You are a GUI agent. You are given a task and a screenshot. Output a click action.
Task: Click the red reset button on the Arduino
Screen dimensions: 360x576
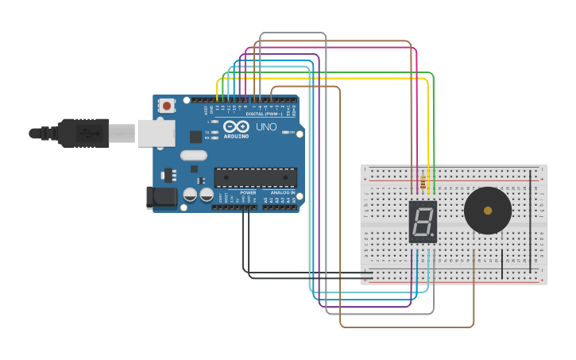click(x=167, y=105)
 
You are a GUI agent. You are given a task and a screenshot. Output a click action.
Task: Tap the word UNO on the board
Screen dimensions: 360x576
click(x=266, y=127)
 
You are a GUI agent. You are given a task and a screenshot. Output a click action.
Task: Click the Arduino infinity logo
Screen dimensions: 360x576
click(x=236, y=127)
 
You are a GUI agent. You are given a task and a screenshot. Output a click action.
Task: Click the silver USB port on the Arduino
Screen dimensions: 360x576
click(x=155, y=133)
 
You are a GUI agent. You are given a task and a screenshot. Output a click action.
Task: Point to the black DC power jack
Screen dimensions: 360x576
click(x=163, y=197)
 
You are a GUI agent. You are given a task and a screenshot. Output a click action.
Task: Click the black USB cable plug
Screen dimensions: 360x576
click(x=83, y=133)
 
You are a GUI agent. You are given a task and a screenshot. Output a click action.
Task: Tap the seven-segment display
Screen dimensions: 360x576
click(x=423, y=222)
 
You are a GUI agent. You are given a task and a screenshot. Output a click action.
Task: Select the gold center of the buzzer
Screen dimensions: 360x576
click(x=487, y=211)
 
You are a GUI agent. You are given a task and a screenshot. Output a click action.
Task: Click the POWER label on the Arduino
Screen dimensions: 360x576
click(x=249, y=192)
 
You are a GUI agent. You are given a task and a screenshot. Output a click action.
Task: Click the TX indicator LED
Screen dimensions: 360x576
click(x=214, y=132)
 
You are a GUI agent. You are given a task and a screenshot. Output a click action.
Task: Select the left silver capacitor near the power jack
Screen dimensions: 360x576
click(x=191, y=194)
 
